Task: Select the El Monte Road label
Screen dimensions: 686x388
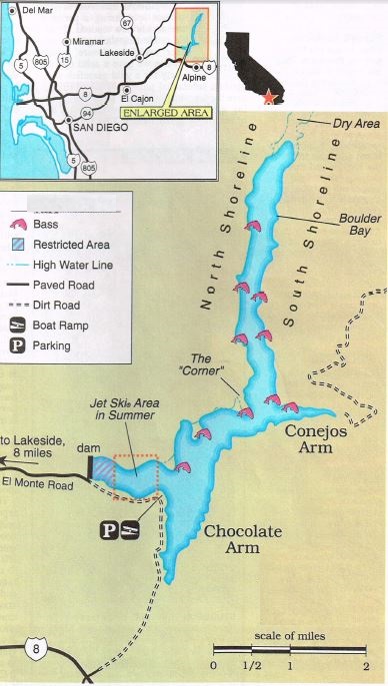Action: pyautogui.click(x=38, y=484)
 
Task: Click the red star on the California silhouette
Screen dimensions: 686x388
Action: pyautogui.click(x=267, y=98)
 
